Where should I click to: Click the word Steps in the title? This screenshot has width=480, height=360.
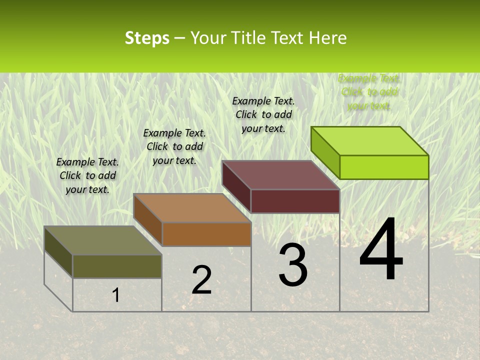(147, 38)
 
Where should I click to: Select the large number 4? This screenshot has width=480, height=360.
(381, 250)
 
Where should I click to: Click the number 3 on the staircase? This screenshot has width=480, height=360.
(293, 265)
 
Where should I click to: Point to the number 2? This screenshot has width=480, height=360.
(201, 280)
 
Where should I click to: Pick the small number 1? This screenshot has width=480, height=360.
(116, 295)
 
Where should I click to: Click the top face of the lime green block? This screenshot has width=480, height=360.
(370, 141)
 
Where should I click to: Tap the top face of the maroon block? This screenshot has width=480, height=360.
(281, 175)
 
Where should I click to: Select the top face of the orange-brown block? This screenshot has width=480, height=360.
(192, 208)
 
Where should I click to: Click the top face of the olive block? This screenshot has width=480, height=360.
(103, 240)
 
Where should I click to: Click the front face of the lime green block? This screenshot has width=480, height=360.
(384, 167)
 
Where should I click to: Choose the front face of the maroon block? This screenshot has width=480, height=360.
(295, 201)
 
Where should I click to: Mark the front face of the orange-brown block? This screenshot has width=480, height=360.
(206, 234)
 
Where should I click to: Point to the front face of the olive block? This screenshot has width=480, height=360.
(117, 266)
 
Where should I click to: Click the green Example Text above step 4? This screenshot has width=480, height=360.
(368, 92)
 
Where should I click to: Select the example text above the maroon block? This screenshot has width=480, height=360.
(263, 114)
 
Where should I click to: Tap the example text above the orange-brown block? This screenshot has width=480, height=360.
(174, 146)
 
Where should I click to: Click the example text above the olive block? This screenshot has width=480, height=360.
(87, 175)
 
